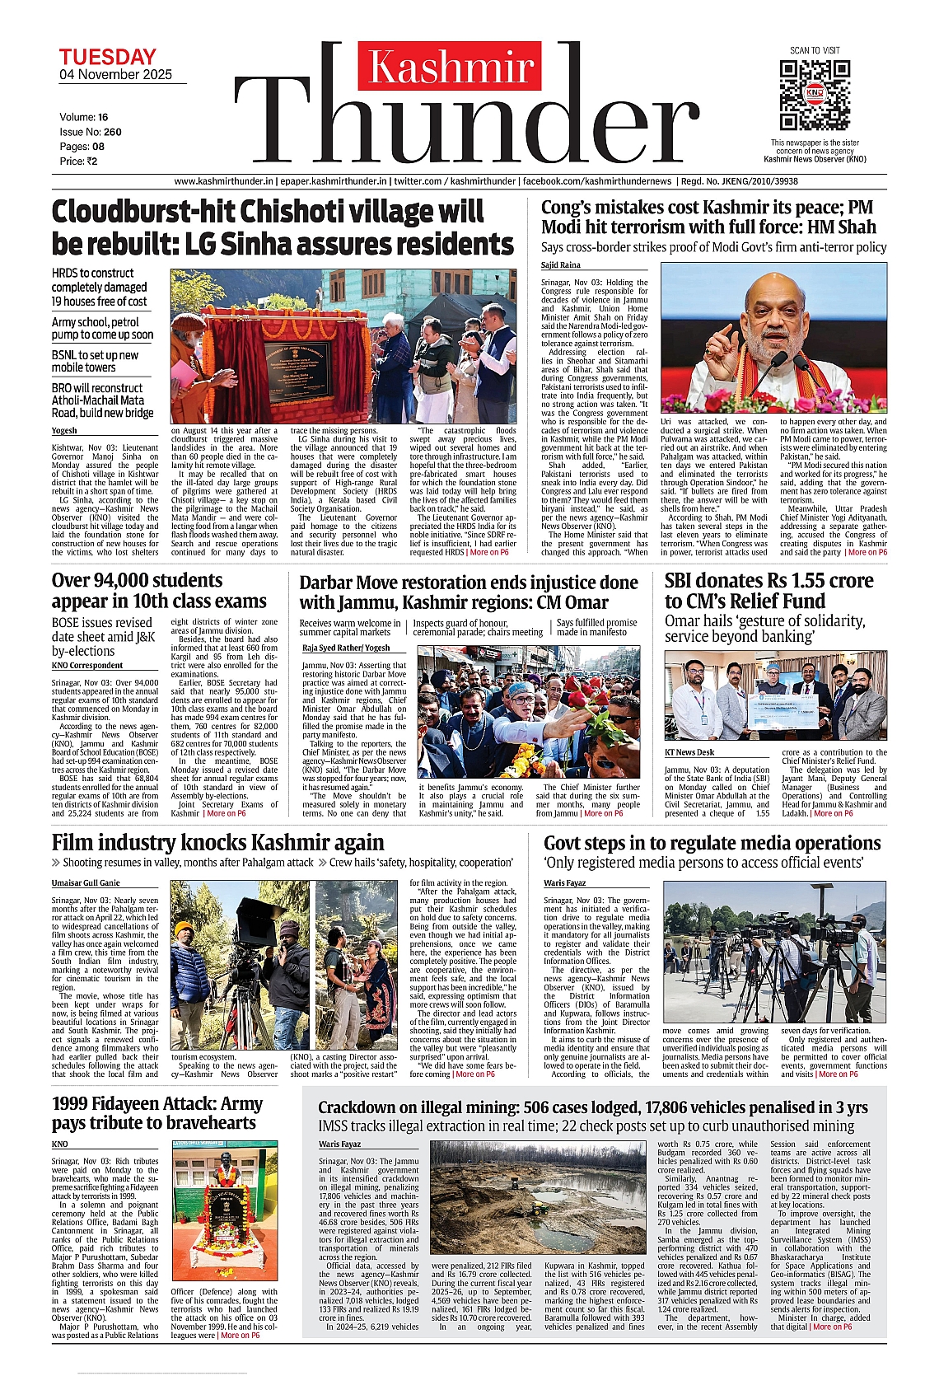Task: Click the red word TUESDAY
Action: [107, 57]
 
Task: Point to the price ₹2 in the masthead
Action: [91, 161]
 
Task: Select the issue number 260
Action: [112, 132]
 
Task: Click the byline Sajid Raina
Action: [561, 265]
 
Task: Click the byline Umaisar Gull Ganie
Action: [86, 883]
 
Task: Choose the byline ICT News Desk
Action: [690, 752]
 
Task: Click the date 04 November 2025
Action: [115, 75]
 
